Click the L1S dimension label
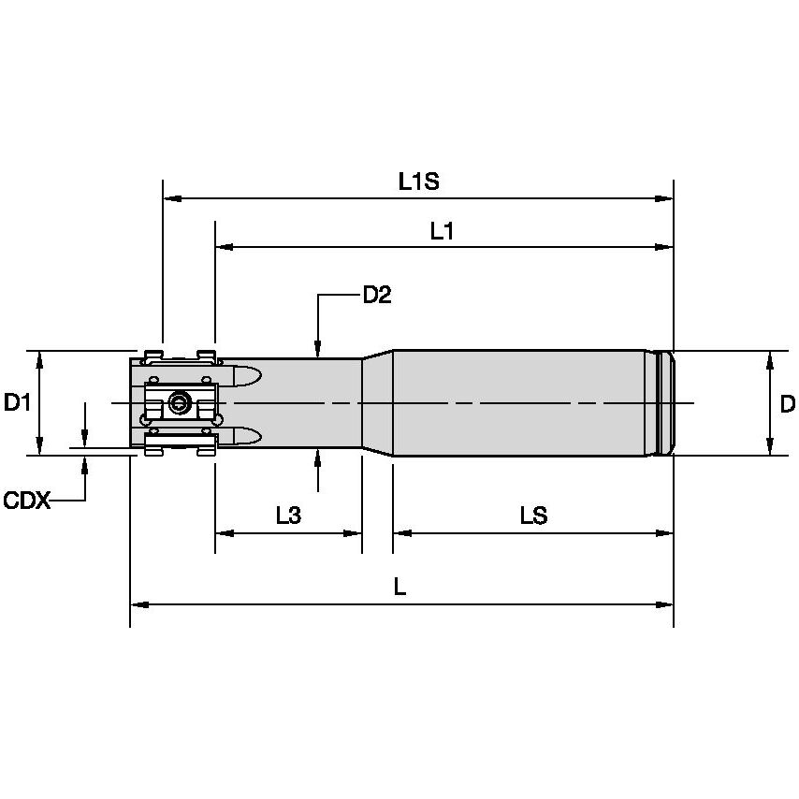coord(418,182)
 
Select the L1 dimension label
coord(442,231)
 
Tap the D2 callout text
coord(377,296)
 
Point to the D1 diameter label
coord(18,403)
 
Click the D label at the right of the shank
coord(787,404)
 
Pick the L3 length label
coord(288,516)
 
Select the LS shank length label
coord(533,516)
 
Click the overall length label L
coord(399,588)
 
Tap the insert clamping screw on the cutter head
coord(179,404)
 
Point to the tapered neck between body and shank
coord(377,403)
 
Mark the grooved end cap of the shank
coord(664,403)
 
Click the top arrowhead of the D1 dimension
coord(39,357)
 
